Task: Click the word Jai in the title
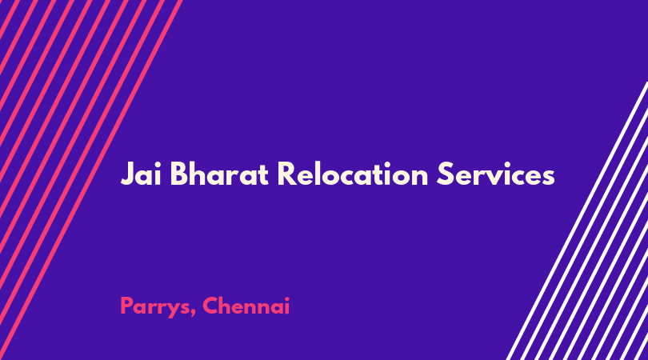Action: pyautogui.click(x=141, y=174)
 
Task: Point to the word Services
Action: pyautogui.click(x=495, y=174)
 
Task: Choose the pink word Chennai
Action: pyautogui.click(x=246, y=306)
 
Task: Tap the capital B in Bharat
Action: pyautogui.click(x=179, y=174)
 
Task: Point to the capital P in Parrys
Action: pyautogui.click(x=126, y=306)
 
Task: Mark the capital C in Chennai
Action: pyautogui.click(x=210, y=306)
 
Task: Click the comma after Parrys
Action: pyautogui.click(x=194, y=314)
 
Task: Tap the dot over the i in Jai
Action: pyautogui.click(x=158, y=164)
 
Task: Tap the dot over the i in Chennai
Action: pyautogui.click(x=286, y=298)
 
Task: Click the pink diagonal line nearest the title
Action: pyautogui.click(x=90, y=180)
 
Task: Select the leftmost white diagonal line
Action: pyautogui.click(x=578, y=221)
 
